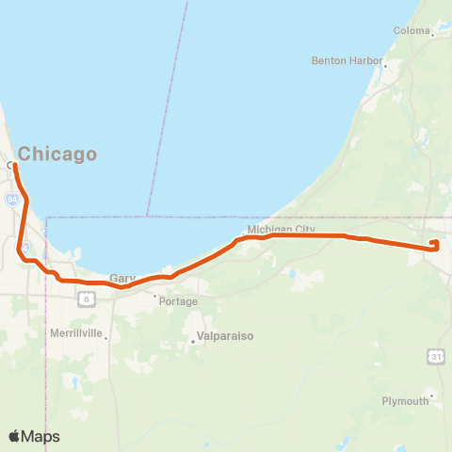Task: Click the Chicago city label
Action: click(x=58, y=153)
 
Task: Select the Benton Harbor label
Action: click(x=347, y=60)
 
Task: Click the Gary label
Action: click(x=122, y=278)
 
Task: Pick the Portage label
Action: click(x=179, y=301)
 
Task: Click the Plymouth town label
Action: click(x=405, y=400)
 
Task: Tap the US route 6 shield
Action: click(x=86, y=299)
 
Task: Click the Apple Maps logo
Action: click(x=34, y=436)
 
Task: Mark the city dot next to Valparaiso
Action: click(x=193, y=342)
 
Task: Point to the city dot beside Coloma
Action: click(x=432, y=31)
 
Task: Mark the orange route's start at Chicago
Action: click(x=14, y=165)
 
